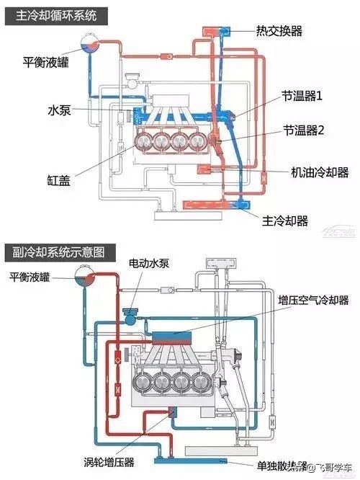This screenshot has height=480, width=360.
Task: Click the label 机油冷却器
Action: tap(320, 172)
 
